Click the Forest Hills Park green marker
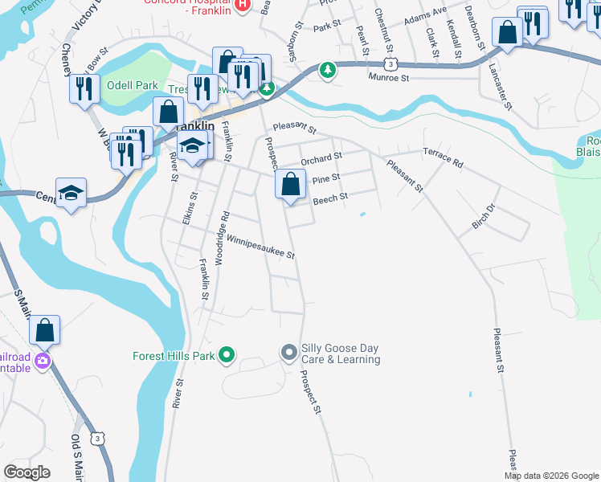point(227,353)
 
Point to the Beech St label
point(329,198)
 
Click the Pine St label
point(325,178)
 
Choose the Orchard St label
point(321,158)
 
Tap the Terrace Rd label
point(443,157)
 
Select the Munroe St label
point(389,78)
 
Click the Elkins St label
point(188,210)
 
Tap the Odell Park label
point(132,84)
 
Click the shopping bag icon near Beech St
point(290,185)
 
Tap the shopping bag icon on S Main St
point(45,329)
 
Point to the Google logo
point(27,472)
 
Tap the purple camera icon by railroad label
point(42,361)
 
